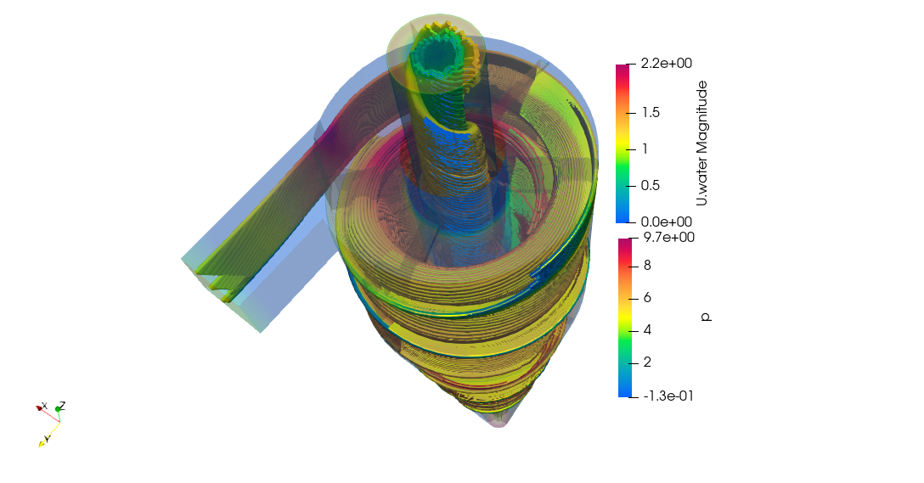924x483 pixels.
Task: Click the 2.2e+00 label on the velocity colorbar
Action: point(667,63)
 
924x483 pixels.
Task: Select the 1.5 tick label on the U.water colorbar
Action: point(651,113)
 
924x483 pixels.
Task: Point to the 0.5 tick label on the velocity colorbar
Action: point(651,186)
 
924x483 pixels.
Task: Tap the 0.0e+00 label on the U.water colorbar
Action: point(667,222)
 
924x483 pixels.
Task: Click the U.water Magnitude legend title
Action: point(701,143)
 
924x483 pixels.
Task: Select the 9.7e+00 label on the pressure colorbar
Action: point(669,238)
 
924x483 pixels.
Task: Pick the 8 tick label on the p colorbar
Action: point(647,266)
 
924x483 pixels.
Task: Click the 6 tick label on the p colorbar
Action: point(647,297)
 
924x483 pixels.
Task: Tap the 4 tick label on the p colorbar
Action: point(647,330)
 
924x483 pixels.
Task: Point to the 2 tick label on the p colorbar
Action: point(647,362)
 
